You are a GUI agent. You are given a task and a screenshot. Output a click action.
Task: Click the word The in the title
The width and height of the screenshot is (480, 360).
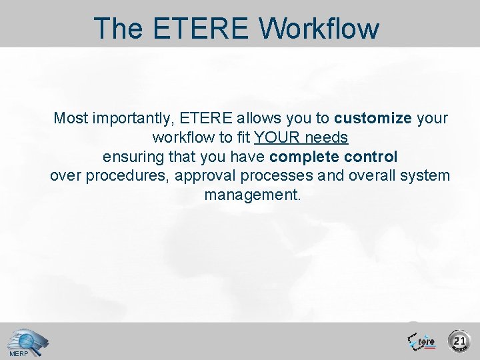coord(118,29)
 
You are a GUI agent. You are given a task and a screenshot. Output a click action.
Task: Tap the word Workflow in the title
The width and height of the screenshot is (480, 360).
coord(320,29)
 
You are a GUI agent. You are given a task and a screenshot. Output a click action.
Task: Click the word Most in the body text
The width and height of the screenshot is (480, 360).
coord(70,119)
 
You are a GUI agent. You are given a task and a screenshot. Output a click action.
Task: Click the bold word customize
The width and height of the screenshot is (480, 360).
coord(373,119)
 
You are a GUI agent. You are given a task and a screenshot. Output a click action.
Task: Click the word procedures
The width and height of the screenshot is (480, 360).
coord(115,177)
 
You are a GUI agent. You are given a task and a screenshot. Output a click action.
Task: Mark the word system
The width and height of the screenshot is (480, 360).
coord(428,177)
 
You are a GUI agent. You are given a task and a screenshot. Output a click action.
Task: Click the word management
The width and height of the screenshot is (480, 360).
coord(253,196)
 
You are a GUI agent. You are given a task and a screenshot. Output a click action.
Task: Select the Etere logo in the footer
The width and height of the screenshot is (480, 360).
coord(422,340)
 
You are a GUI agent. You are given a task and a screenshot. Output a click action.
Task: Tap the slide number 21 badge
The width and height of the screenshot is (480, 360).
coord(459,341)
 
